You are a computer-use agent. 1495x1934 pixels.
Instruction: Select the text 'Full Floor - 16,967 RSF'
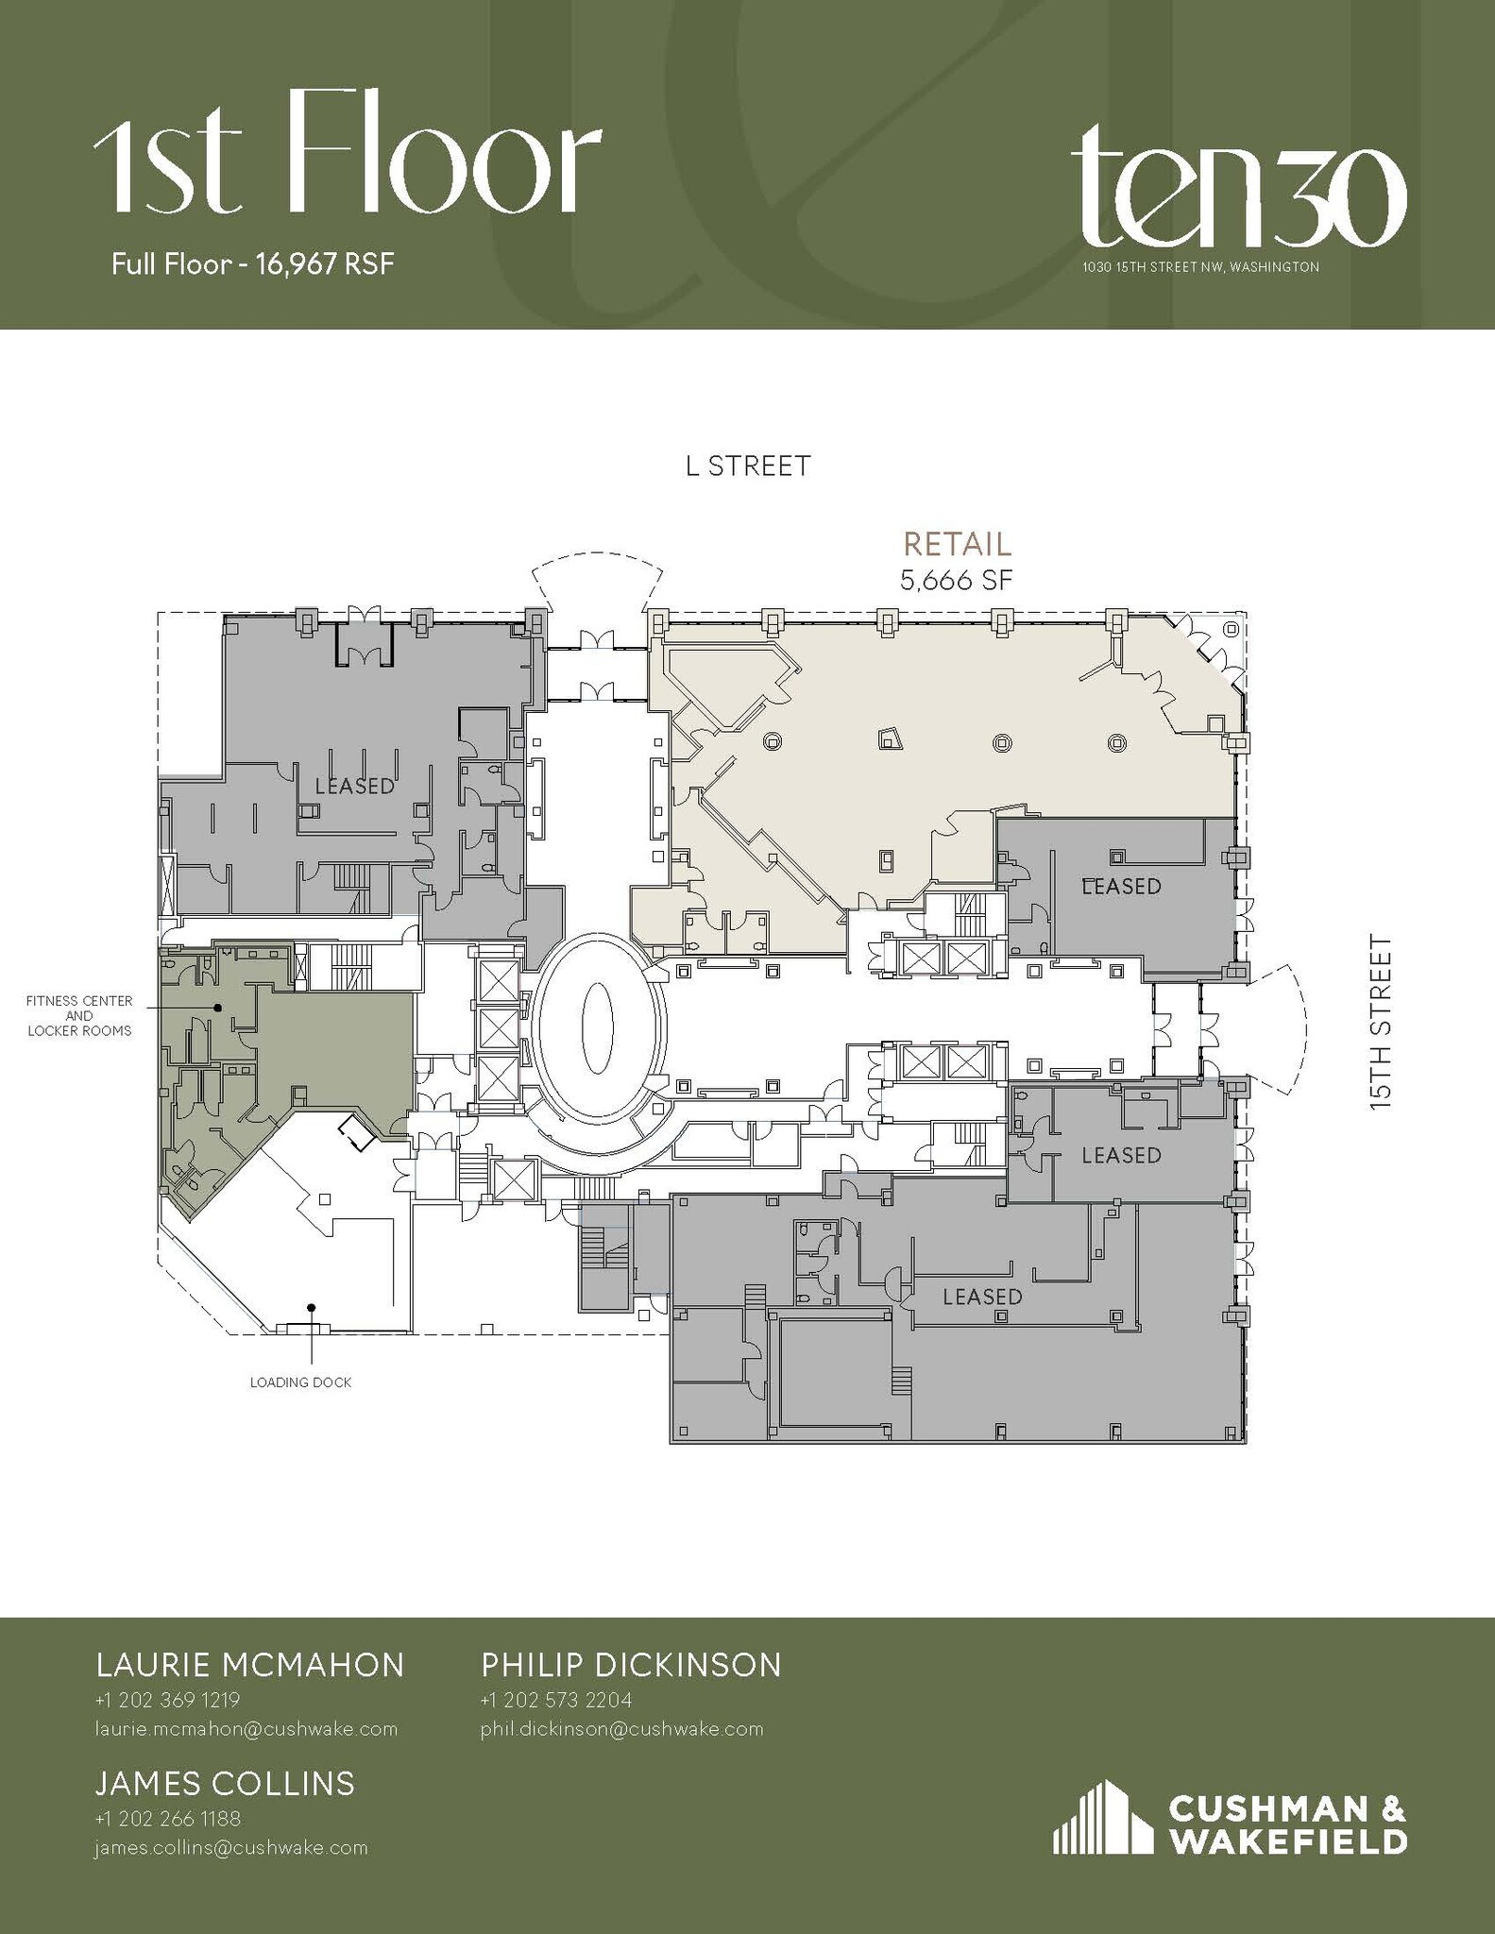coord(252,263)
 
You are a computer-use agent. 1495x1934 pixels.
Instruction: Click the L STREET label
coord(748,466)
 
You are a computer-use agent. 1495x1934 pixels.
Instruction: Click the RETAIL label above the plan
coord(957,544)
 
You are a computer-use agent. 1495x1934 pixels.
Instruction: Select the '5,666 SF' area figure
coord(956,580)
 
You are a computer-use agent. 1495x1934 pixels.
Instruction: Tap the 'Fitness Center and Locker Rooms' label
coord(79,1015)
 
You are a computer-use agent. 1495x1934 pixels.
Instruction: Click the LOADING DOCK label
coord(300,1383)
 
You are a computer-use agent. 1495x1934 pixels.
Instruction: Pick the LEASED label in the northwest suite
coord(354,786)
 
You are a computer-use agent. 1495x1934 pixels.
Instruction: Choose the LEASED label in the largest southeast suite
coord(982,1297)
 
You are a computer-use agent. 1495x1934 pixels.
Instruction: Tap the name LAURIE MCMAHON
coord(250,1665)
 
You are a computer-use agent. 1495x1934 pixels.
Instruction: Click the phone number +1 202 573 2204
coord(555,1700)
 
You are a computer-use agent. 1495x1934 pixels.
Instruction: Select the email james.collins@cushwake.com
coord(231,1848)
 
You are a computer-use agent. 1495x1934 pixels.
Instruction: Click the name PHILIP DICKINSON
coord(631,1665)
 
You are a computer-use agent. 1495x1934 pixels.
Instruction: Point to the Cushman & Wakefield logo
coord(1230,1818)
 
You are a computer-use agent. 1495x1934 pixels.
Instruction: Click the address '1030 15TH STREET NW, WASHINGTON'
coord(1200,267)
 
